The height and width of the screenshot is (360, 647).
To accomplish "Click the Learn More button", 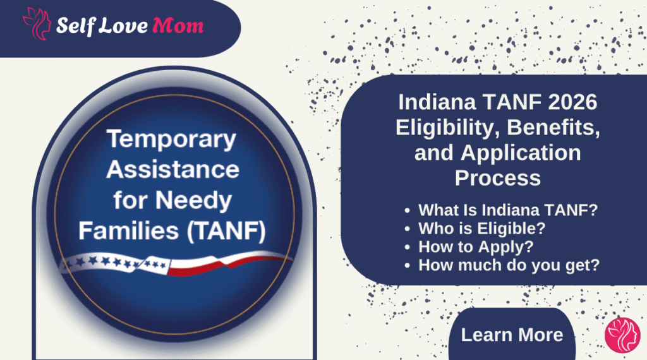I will [x=512, y=334].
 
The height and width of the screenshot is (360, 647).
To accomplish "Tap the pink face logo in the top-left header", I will [x=37, y=24].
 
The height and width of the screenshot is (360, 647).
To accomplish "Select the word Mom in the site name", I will [x=178, y=25].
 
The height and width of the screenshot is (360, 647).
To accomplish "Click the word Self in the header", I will [x=76, y=25].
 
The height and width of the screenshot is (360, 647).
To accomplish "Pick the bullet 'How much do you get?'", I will [x=509, y=265].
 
